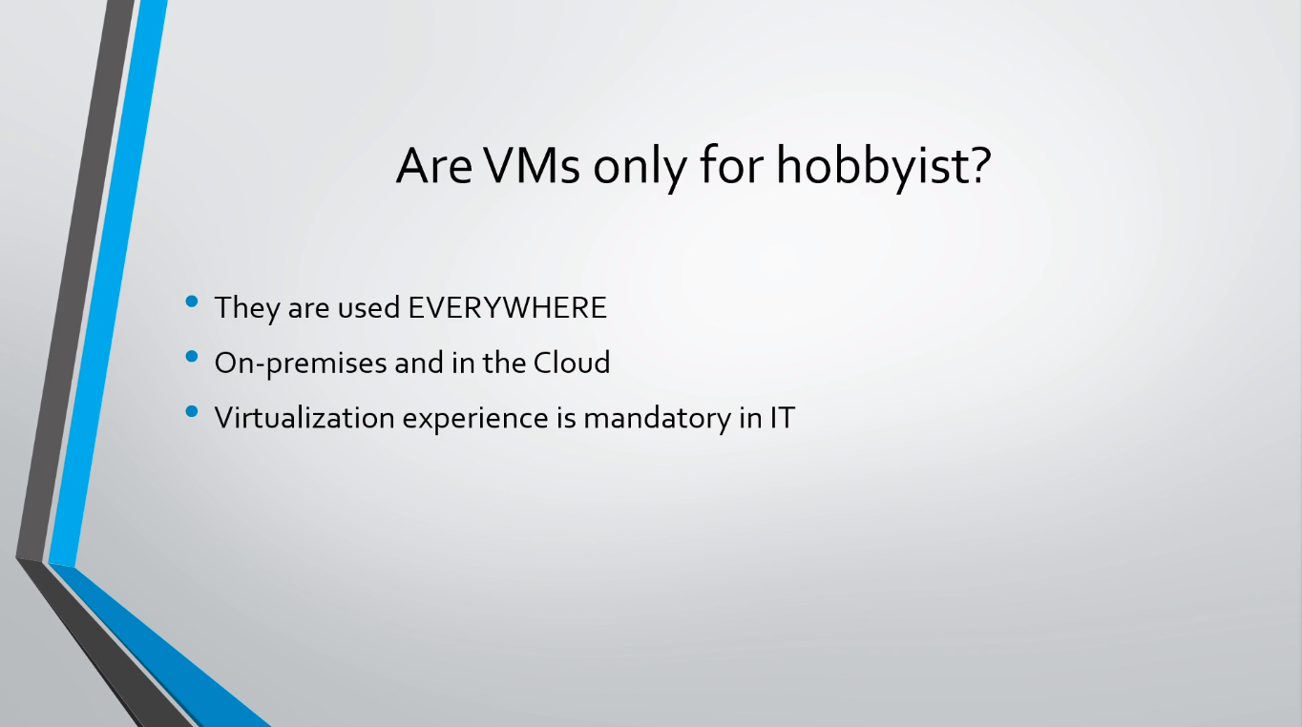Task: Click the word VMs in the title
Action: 532,166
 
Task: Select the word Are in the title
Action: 434,166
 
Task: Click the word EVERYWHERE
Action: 508,307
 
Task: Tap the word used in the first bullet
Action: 368,307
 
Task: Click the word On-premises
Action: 301,363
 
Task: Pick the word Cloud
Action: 572,363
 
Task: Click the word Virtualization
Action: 304,418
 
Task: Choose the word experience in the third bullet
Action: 475,419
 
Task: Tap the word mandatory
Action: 657,419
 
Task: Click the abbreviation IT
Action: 783,418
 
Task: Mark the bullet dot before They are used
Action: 191,301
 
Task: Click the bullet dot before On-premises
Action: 191,356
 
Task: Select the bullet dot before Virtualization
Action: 191,411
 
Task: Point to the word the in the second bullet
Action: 504,363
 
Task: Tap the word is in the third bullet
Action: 566,418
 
